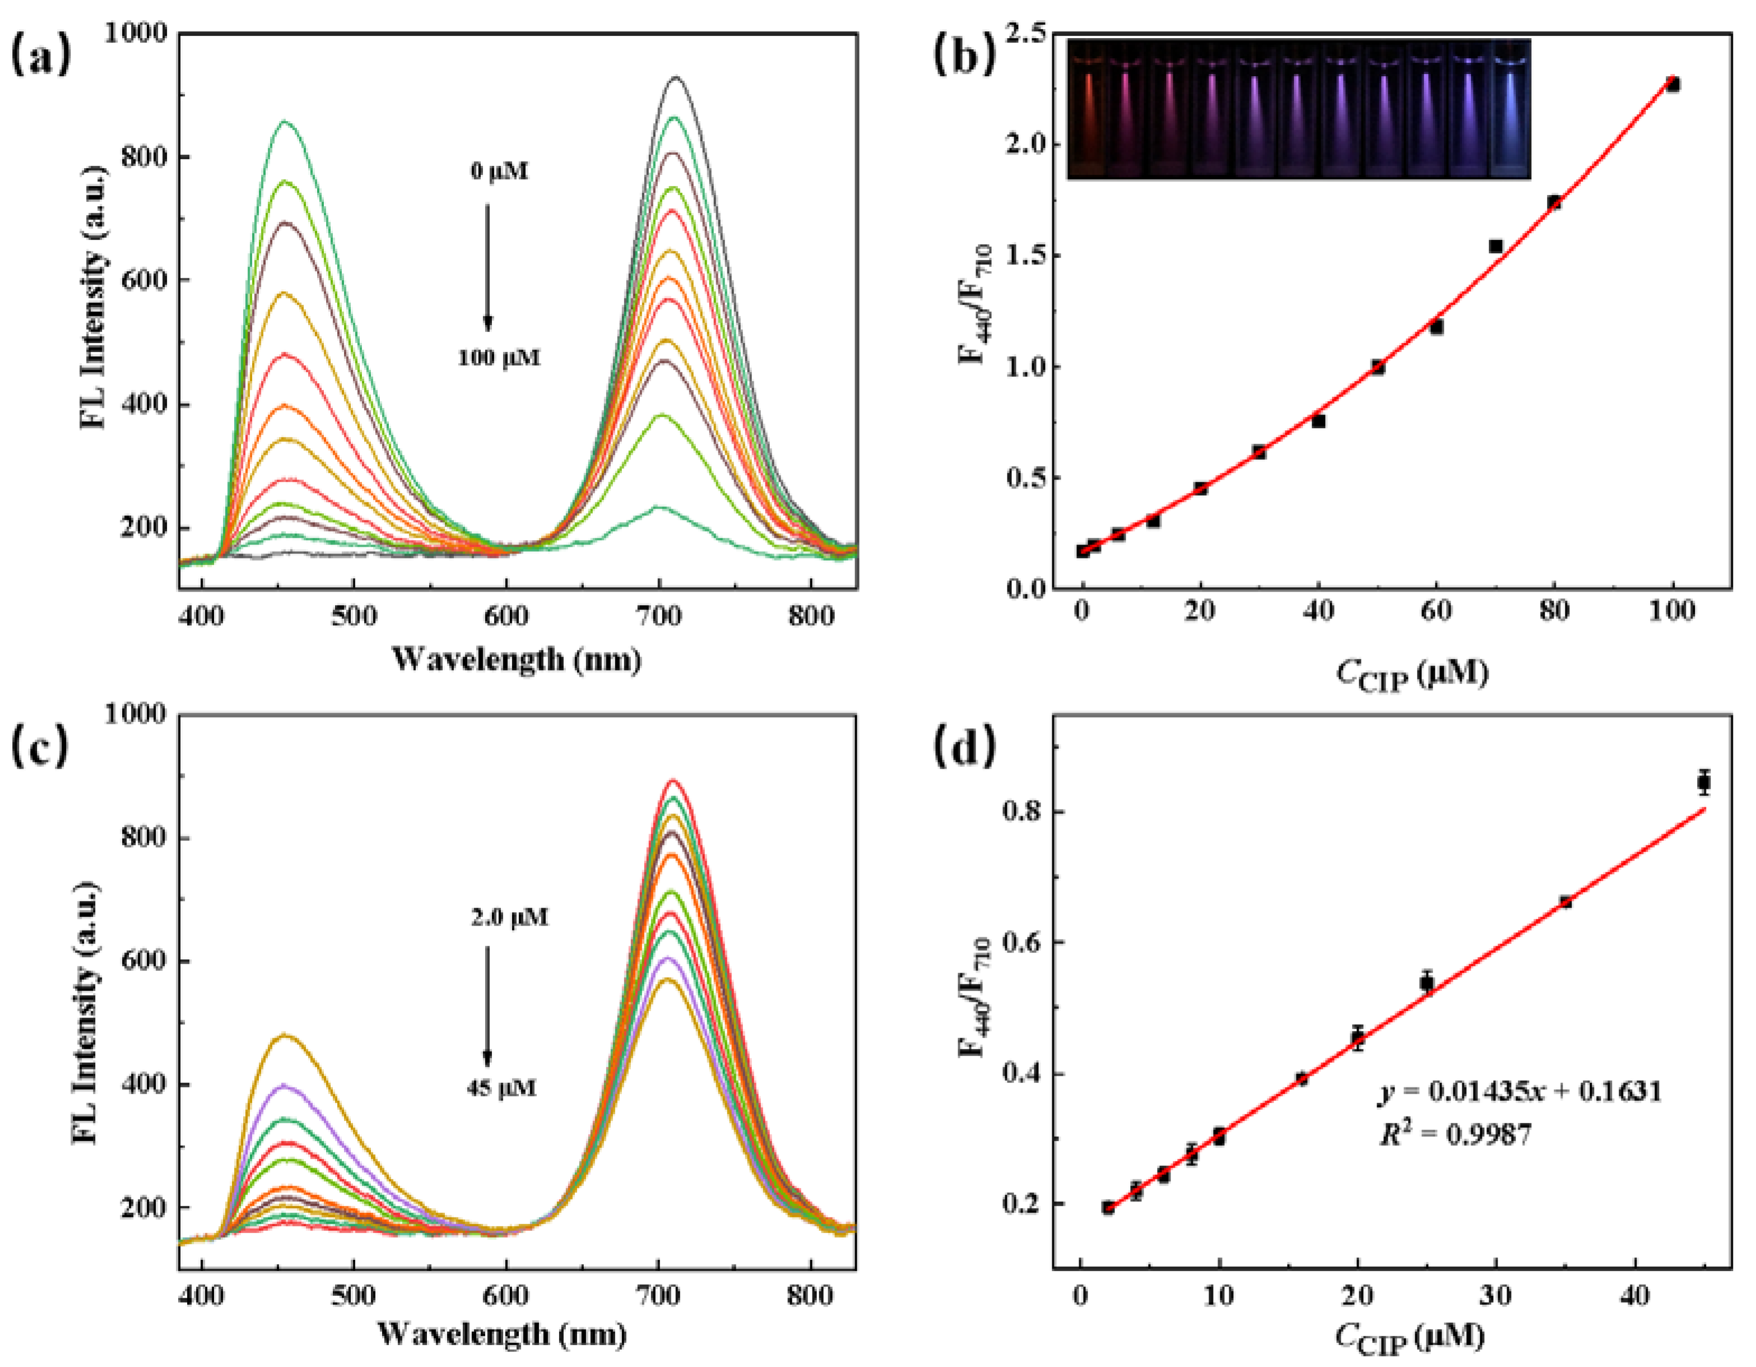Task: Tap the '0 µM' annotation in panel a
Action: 499,171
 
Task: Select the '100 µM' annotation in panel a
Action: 499,357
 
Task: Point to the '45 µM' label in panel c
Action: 501,1088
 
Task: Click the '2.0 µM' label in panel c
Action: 509,917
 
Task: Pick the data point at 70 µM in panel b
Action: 1495,246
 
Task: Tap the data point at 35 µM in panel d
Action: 1564,902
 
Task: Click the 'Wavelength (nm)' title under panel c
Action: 501,1334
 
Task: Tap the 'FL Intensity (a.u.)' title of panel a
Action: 94,297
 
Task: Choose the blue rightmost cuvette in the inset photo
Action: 1511,109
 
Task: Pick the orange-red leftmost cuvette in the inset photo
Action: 1088,109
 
